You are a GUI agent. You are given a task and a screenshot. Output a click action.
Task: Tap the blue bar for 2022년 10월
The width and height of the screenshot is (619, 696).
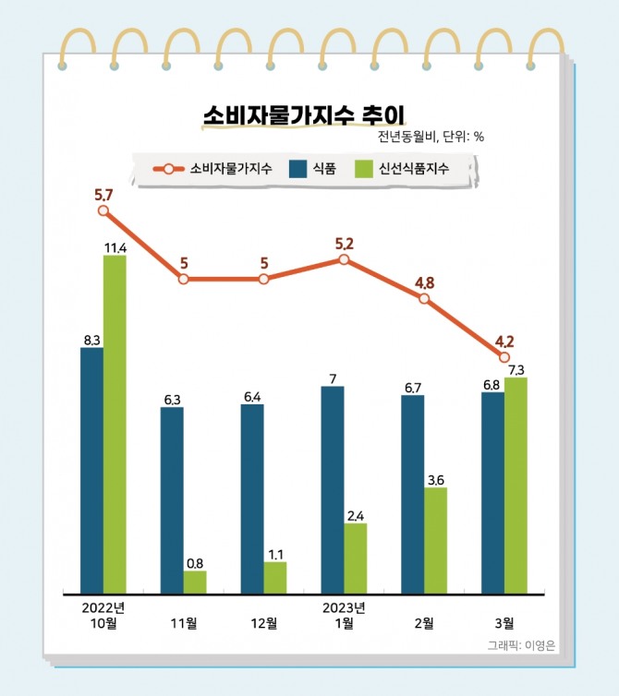[91, 470]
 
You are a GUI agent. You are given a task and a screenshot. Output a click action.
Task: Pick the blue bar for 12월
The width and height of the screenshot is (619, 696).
[252, 498]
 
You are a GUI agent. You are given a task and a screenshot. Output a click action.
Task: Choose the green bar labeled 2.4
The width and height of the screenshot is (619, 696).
[356, 558]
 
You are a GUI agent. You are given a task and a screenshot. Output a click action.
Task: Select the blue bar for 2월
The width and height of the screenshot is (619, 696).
[413, 494]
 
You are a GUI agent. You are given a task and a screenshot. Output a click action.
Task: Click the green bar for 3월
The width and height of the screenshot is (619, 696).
[516, 485]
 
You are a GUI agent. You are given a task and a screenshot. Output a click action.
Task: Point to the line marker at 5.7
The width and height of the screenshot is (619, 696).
[103, 210]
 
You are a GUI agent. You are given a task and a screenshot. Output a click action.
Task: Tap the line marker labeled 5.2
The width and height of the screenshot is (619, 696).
[344, 260]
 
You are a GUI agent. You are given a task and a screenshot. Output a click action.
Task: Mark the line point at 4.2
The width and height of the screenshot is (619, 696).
[504, 356]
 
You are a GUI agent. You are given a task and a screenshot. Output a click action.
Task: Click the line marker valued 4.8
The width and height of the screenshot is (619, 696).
[424, 300]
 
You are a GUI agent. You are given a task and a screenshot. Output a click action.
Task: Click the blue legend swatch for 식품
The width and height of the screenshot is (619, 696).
[297, 169]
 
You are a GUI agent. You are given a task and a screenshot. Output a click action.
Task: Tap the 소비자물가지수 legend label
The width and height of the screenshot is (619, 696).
[230, 169]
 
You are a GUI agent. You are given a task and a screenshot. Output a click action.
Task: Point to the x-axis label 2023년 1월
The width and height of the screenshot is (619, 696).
[344, 615]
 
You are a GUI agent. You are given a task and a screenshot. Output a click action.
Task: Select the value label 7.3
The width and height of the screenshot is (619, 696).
[516, 369]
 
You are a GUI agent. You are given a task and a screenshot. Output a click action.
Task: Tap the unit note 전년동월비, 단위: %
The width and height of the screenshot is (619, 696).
[431, 137]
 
